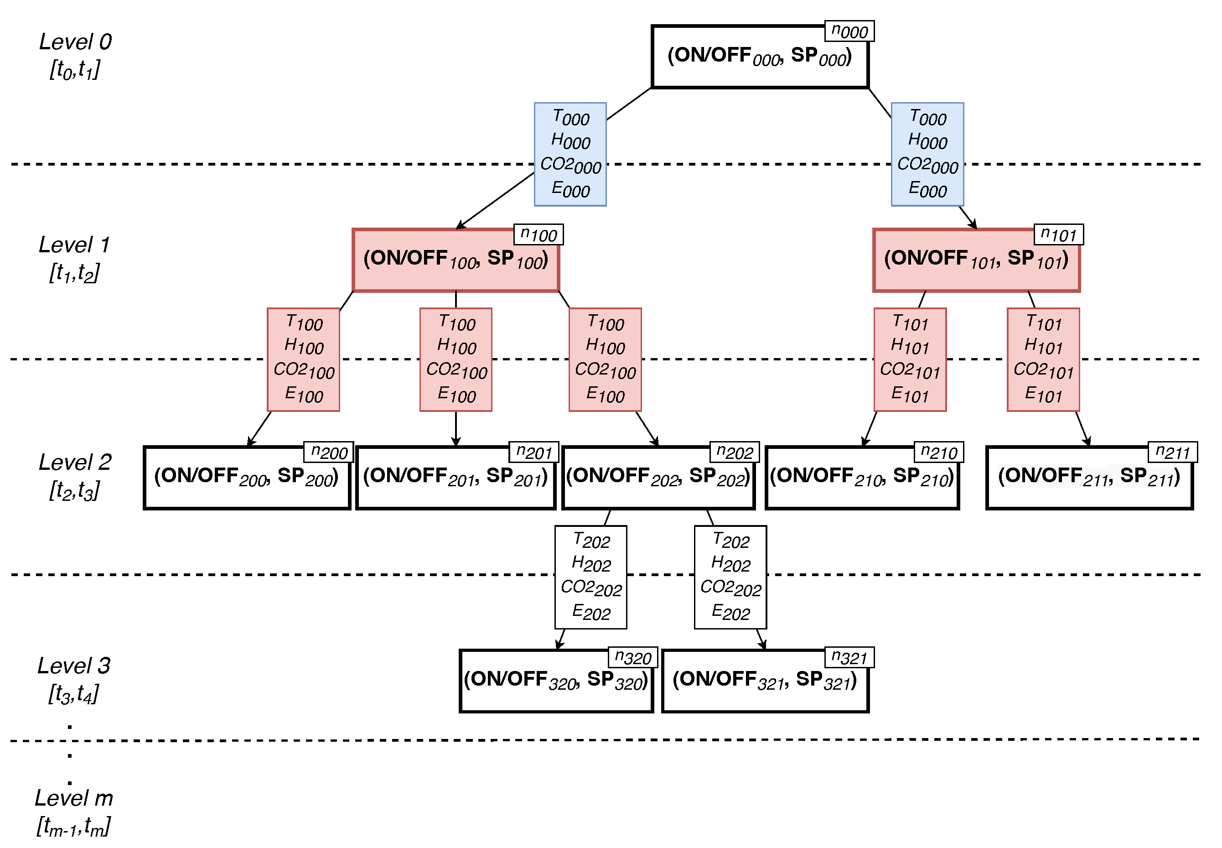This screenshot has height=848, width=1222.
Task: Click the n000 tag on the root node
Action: (849, 31)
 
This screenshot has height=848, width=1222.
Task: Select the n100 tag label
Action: (538, 234)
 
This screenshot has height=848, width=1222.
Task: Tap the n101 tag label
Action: (1058, 234)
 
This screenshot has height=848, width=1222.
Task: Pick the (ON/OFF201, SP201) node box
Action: (455, 478)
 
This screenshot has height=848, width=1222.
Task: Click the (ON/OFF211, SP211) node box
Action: (1089, 478)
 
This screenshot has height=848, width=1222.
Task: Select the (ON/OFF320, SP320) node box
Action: (555, 681)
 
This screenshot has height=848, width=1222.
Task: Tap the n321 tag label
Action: (849, 657)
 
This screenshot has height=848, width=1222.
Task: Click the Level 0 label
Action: (75, 42)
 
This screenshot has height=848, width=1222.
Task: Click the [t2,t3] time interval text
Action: (74, 490)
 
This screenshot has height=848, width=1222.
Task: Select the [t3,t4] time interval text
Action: (73, 694)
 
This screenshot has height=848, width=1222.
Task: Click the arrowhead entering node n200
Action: (251, 442)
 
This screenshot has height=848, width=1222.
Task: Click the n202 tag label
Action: (734, 452)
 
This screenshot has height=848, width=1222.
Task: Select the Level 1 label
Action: (74, 245)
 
